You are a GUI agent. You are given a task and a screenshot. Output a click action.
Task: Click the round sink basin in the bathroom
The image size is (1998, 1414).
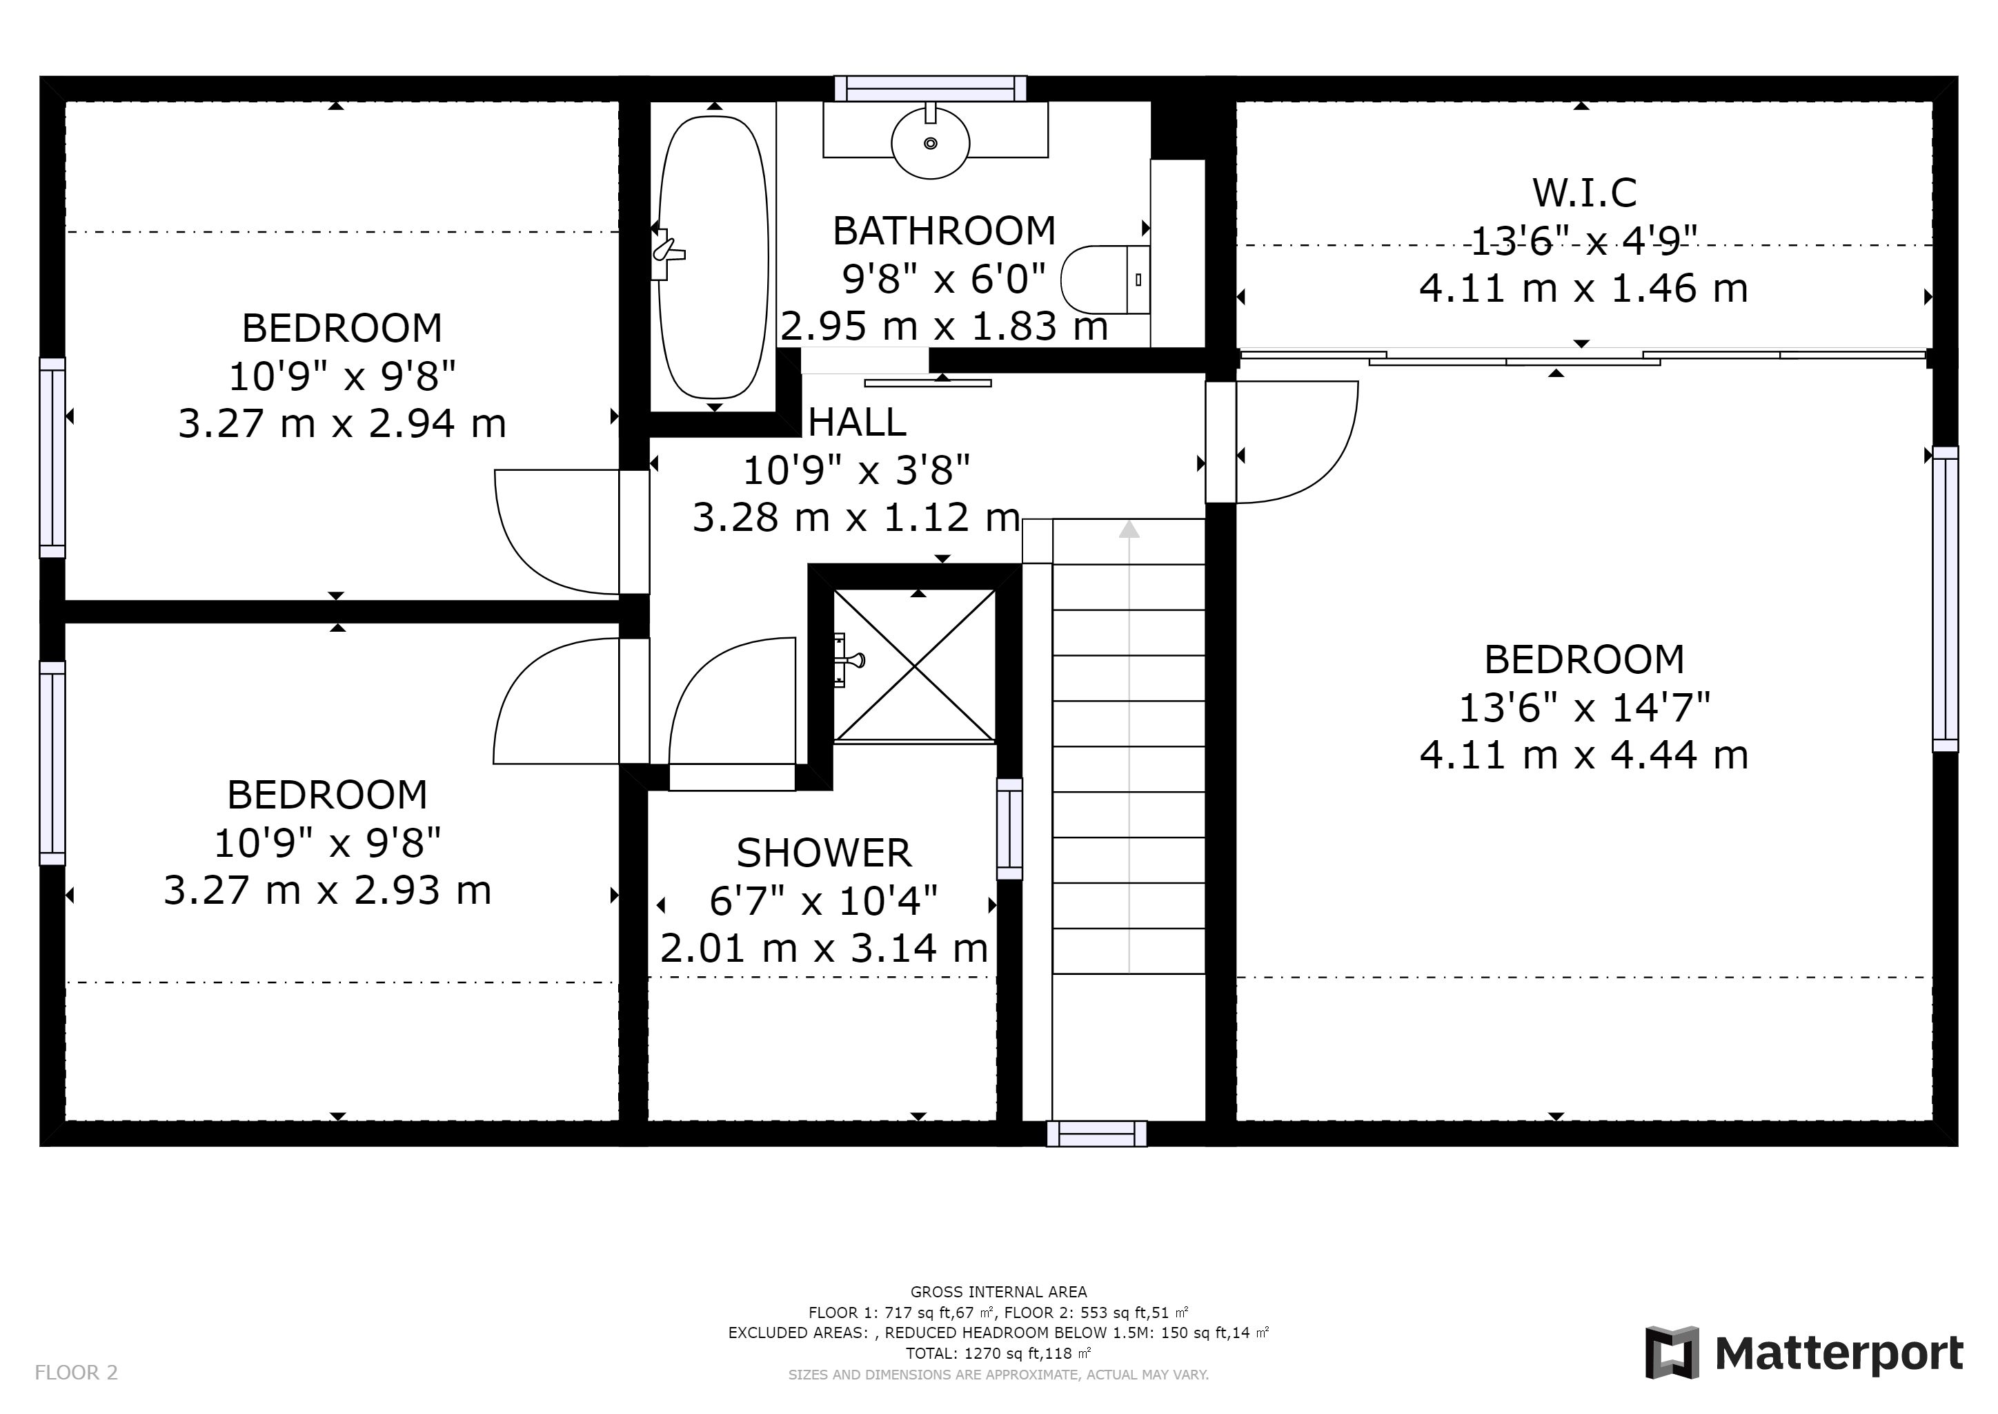(930, 142)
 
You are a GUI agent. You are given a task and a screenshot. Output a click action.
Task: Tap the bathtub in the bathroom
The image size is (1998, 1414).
(713, 258)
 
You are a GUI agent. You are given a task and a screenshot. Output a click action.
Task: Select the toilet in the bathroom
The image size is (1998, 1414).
(1106, 280)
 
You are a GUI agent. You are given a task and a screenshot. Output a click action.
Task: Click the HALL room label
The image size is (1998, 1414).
(857, 423)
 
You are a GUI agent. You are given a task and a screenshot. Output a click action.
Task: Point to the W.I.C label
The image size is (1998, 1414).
(1585, 193)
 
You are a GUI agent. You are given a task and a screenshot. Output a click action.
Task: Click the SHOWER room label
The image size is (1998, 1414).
(824, 853)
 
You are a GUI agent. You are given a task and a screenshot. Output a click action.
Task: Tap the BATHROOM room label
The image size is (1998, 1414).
(944, 231)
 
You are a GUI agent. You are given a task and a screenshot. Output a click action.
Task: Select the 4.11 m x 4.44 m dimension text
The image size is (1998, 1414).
(1584, 754)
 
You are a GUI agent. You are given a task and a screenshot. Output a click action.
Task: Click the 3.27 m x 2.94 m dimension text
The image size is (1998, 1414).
(342, 423)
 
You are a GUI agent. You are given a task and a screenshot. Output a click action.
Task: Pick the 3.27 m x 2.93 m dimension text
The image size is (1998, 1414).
(328, 890)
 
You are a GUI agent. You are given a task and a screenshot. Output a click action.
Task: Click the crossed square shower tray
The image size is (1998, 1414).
(915, 666)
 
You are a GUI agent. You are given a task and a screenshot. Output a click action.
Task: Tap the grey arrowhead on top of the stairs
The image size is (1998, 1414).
(1129, 528)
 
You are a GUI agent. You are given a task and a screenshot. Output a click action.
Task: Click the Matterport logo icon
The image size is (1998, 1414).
(1672, 1352)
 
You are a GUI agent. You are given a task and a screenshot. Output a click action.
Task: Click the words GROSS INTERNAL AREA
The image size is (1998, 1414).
(998, 1292)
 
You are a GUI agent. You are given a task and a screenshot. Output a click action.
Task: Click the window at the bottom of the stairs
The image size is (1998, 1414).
(1096, 1134)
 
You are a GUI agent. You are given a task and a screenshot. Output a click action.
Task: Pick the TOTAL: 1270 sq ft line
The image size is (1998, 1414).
(998, 1354)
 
